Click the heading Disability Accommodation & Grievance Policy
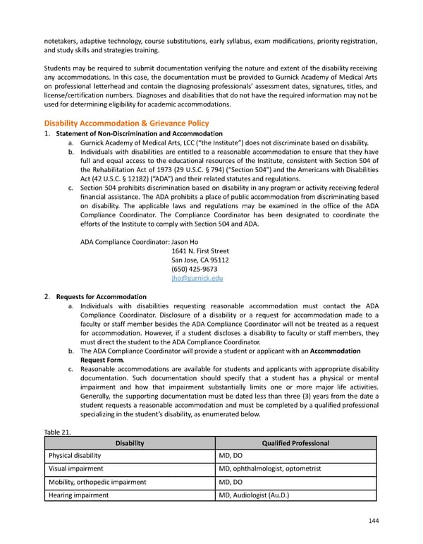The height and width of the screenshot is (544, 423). tap(126, 123)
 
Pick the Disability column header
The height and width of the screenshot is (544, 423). tap(129, 443)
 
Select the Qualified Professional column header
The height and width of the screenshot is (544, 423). tap(295, 443)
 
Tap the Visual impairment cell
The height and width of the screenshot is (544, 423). tap(76, 469)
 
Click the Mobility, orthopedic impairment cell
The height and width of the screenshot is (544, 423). tap(97, 482)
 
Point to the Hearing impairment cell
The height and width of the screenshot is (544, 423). tap(78, 495)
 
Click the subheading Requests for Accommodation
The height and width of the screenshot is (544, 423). tap(102, 296)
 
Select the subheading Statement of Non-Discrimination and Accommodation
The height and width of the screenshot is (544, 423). tap(139, 133)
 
